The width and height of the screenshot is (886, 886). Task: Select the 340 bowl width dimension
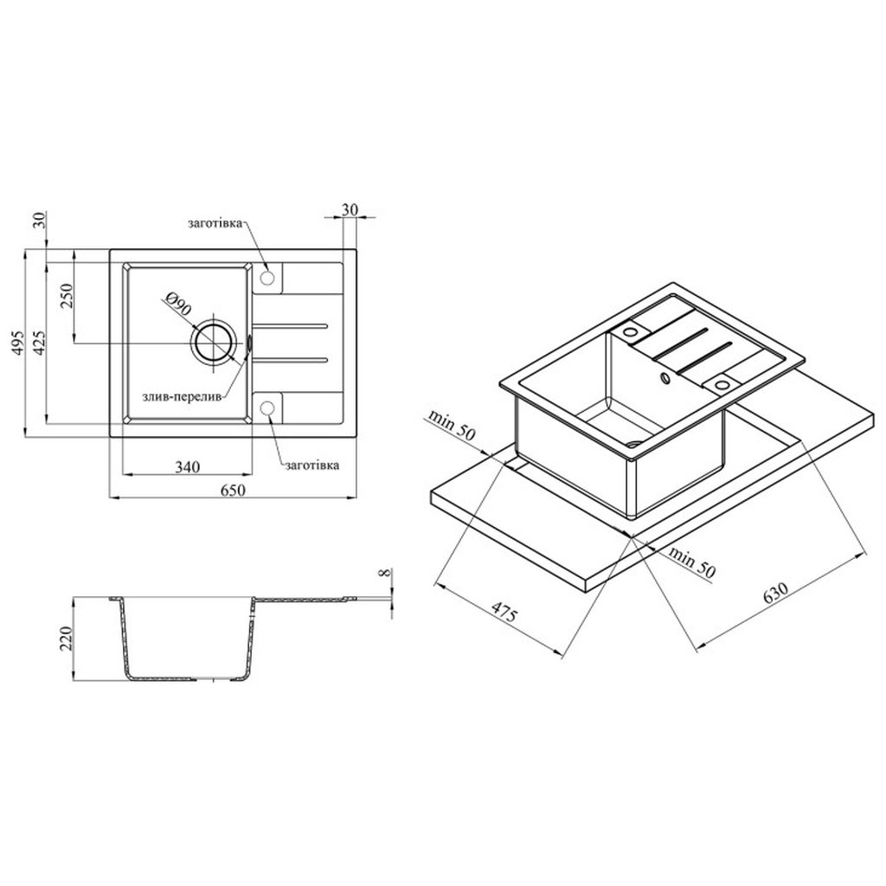pyautogui.click(x=187, y=467)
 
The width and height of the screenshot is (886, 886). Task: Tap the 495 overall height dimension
pyautogui.click(x=17, y=343)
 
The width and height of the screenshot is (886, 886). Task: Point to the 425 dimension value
pyautogui.click(x=39, y=343)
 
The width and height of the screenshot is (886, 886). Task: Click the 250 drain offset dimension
pyautogui.click(x=67, y=294)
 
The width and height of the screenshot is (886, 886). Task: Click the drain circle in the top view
pyautogui.click(x=213, y=343)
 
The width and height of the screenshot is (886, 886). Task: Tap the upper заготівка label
pyautogui.click(x=215, y=222)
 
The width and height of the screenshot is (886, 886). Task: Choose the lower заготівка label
pyautogui.click(x=312, y=465)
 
